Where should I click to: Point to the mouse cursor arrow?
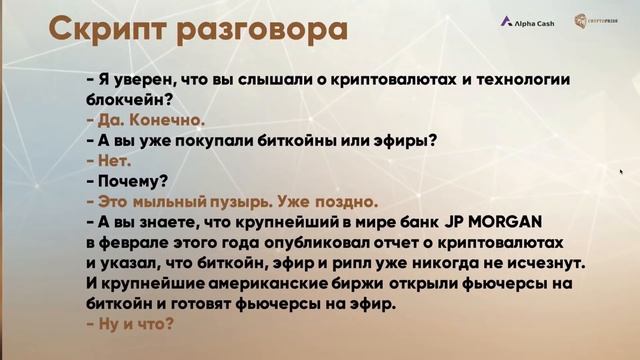coord(622,172)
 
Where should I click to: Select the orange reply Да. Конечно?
coord(146,120)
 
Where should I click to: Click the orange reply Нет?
coord(110,161)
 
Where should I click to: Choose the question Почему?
coord(126,182)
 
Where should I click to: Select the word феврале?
coord(140,243)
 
